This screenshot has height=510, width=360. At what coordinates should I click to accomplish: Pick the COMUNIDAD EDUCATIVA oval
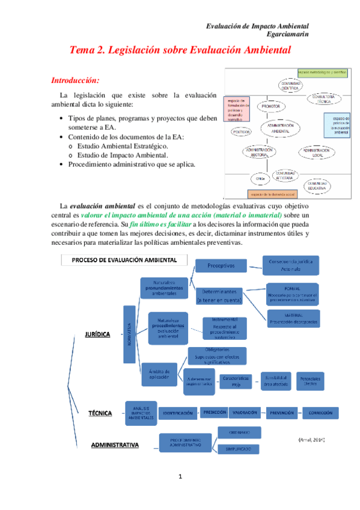click(x=317, y=186)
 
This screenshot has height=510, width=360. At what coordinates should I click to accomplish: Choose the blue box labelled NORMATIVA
click(x=129, y=334)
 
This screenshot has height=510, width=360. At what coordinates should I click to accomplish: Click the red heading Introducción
click(x=75, y=80)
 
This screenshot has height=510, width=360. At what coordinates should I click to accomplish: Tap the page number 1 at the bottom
click(x=180, y=478)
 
